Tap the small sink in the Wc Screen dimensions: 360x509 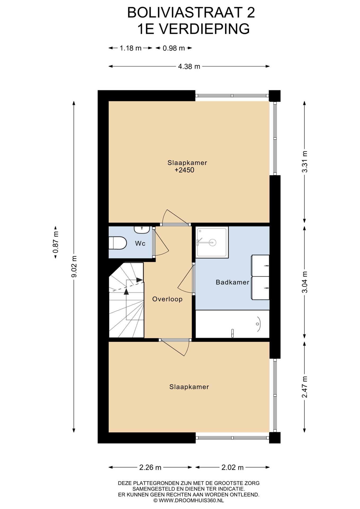click(x=142, y=230)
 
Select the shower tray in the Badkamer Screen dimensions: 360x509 click(x=212, y=242)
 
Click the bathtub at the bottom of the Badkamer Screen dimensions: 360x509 click(x=232, y=324)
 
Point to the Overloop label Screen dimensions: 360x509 click(x=167, y=299)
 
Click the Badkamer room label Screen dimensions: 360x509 click(x=232, y=282)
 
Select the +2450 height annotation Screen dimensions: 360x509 click(x=185, y=170)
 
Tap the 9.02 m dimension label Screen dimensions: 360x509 click(x=74, y=266)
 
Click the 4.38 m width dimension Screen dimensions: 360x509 click(x=189, y=67)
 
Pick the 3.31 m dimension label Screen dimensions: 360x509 click(x=305, y=162)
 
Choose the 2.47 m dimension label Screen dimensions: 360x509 click(x=305, y=387)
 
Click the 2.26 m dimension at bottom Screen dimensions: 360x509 click(x=150, y=467)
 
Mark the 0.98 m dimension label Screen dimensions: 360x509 click(x=174, y=48)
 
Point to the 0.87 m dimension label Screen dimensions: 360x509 click(x=56, y=243)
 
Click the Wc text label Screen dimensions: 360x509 click(x=140, y=243)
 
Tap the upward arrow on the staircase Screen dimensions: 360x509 click(x=126, y=291)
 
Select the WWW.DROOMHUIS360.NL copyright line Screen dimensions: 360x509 click(x=188, y=501)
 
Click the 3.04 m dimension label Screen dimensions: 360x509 click(x=305, y=282)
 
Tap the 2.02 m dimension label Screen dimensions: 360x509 click(x=232, y=467)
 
